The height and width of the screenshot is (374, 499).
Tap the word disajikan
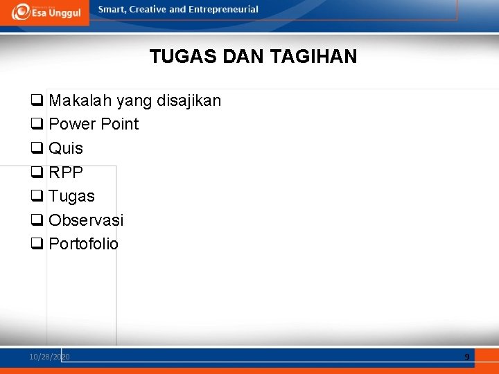coord(189,101)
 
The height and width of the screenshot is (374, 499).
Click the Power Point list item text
coord(94,125)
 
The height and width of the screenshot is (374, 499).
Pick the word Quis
coord(66,148)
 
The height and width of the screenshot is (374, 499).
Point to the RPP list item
coord(66,172)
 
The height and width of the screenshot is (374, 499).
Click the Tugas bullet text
coord(71,197)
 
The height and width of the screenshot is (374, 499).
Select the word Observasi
coord(86,220)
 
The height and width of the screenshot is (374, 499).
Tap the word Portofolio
coord(83,244)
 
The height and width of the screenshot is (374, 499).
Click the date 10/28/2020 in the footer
coord(49,357)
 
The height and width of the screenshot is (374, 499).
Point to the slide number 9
coord(466,357)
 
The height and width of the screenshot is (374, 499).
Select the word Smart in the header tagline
coord(112,10)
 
